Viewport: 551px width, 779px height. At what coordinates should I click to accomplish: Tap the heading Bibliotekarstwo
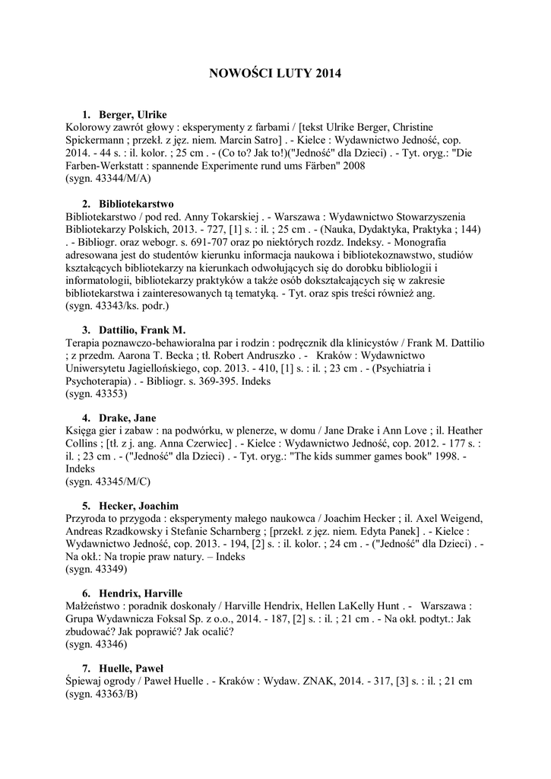pyautogui.click(x=136, y=204)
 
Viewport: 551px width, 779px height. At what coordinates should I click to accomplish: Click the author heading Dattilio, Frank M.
pyautogui.click(x=141, y=330)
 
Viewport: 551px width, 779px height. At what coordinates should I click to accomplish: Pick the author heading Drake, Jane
pyautogui.click(x=127, y=418)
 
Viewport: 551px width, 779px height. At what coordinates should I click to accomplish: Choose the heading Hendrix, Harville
pyautogui.click(x=141, y=593)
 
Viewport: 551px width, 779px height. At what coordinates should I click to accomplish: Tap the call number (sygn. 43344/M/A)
pyautogui.click(x=109, y=179)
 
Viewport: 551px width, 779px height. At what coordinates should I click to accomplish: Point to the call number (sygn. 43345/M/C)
pyautogui.click(x=109, y=482)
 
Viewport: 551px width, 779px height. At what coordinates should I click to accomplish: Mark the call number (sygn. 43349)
pyautogui.click(x=97, y=569)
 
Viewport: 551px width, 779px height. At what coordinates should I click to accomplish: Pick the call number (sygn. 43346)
pyautogui.click(x=97, y=644)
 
